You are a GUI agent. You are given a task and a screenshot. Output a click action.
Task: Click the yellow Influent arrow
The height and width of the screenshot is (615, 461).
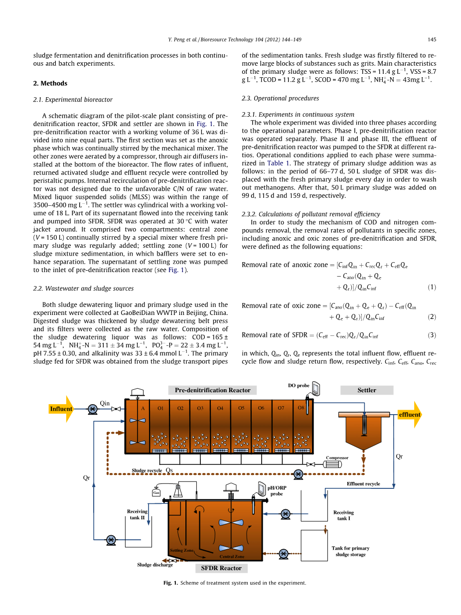pyautogui.click(x=62, y=409)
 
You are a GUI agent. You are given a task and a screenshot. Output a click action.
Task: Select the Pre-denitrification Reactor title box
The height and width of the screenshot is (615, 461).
pyautogui.click(x=212, y=390)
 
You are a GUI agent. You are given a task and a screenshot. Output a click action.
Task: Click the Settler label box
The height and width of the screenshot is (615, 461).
pyautogui.click(x=367, y=390)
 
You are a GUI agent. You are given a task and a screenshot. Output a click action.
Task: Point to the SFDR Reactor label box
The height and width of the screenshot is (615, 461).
pyautogui.click(x=221, y=568)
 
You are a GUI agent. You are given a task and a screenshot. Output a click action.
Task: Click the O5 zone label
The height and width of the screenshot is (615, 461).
pyautogui.click(x=241, y=408)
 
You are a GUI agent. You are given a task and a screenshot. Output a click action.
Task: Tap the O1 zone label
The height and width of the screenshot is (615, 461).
pyautogui.click(x=160, y=408)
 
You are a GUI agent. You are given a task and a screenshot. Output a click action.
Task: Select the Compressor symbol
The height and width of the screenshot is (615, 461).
pyautogui.click(x=330, y=464)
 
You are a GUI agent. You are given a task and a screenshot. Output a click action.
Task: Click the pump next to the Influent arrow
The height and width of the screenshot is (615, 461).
pyautogui.click(x=92, y=409)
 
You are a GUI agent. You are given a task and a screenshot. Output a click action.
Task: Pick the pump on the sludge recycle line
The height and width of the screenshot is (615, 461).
pyautogui.click(x=299, y=474)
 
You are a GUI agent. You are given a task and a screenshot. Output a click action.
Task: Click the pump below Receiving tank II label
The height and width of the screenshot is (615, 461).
pyautogui.click(x=111, y=540)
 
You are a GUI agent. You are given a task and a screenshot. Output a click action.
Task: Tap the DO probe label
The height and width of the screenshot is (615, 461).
pyautogui.click(x=299, y=385)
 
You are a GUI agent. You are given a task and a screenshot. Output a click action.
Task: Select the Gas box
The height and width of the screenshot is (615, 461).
pyautogui.click(x=156, y=493)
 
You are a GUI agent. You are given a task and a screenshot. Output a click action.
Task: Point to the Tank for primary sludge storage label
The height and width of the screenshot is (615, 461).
pyautogui.click(x=350, y=551)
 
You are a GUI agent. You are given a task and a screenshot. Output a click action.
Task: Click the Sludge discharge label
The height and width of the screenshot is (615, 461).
pyautogui.click(x=155, y=565)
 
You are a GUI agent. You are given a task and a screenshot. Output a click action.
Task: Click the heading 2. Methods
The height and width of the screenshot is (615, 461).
pyautogui.click(x=50, y=83)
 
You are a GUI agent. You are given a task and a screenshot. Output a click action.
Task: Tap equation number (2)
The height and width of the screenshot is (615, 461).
pyautogui.click(x=432, y=317)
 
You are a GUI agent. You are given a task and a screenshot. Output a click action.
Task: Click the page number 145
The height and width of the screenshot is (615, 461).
pyautogui.click(x=432, y=39)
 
